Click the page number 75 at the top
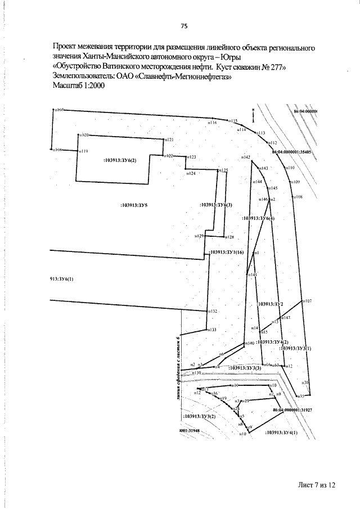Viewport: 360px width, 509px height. coord(183,26)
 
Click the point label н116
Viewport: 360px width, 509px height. coord(213,122)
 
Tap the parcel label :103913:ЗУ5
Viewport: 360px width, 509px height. coord(134,206)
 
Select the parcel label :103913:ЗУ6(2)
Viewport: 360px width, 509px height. coord(120,160)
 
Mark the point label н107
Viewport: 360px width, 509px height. coord(308,301)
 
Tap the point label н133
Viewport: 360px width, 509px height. coord(213,330)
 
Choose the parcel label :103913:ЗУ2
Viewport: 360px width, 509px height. coord(270,304)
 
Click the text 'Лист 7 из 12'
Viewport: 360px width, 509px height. coord(317,484)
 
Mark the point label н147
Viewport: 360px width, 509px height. coord(286,318)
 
